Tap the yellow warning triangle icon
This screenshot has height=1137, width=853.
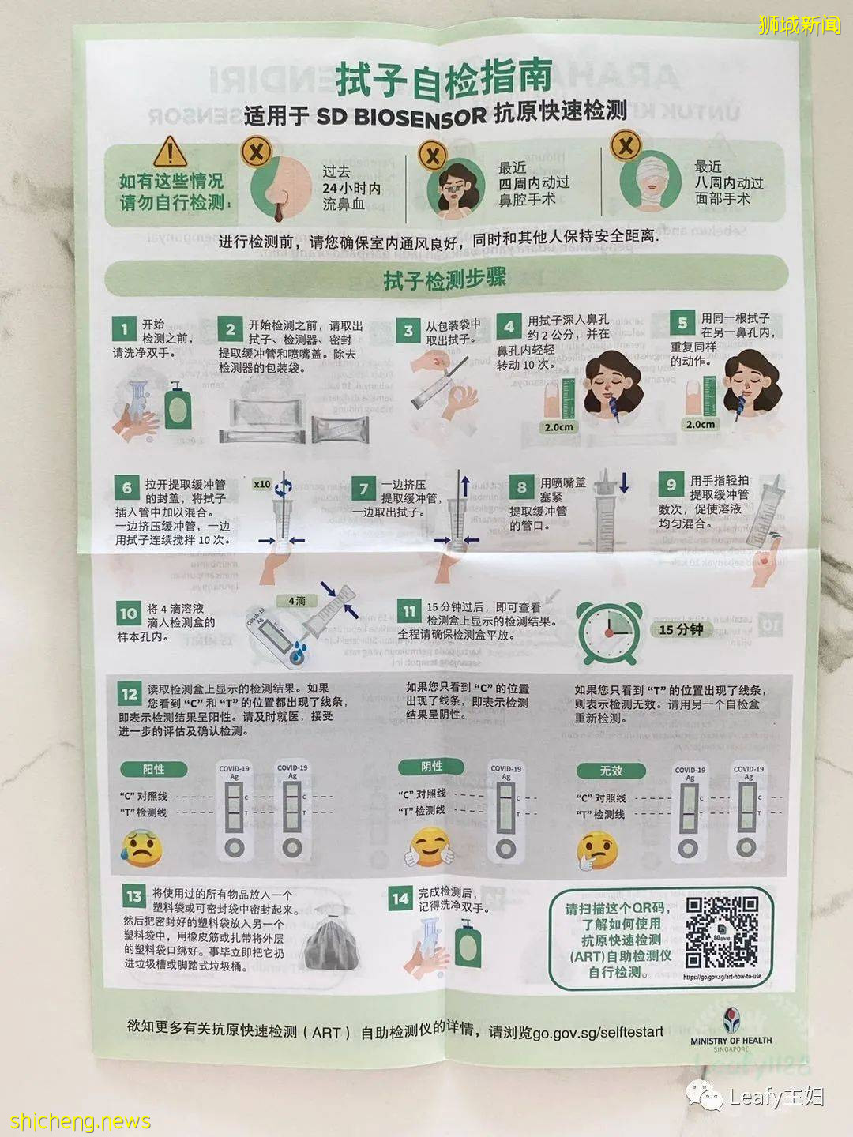click(x=170, y=151)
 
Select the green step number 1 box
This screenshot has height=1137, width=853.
click(x=124, y=327)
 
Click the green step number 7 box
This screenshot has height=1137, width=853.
click(x=363, y=490)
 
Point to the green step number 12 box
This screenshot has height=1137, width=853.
click(x=130, y=694)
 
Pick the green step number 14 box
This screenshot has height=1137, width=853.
click(x=400, y=898)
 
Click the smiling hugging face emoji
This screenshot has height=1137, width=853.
click(x=430, y=847)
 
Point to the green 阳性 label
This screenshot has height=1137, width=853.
click(x=153, y=769)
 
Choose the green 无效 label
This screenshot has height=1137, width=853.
click(x=611, y=771)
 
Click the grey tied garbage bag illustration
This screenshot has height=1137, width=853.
click(x=332, y=942)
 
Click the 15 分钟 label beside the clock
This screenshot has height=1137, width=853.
click(x=681, y=629)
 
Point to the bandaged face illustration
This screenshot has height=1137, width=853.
click(x=650, y=182)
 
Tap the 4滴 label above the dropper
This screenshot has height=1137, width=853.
click(x=297, y=601)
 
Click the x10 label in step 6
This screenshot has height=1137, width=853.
click(x=261, y=484)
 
